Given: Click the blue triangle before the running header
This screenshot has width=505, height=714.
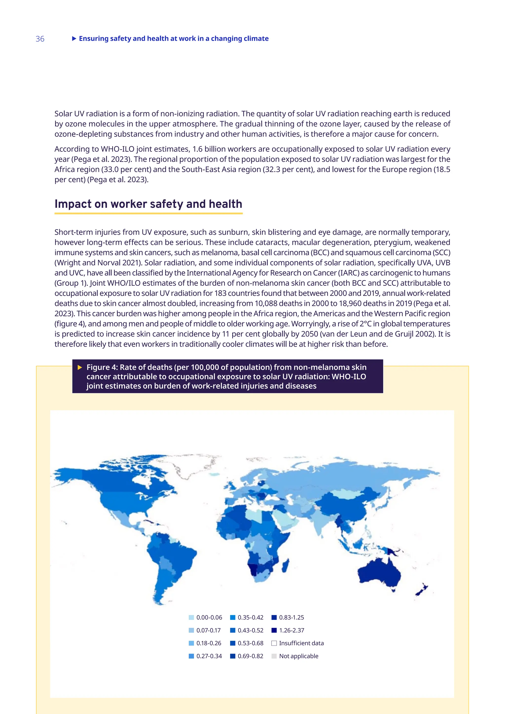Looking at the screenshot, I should (74, 38).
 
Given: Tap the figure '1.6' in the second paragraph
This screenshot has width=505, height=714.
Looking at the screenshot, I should (197, 149).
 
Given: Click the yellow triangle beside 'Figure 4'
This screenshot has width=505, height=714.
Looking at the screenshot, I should (80, 368).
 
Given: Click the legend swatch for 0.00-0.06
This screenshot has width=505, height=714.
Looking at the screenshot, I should (191, 618).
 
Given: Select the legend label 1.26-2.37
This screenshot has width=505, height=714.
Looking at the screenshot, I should (291, 630).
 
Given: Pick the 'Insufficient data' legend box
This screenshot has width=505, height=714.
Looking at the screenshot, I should (274, 643).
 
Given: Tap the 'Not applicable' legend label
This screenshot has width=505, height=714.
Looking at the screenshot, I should (299, 656).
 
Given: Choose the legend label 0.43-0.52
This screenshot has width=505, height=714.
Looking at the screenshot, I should (250, 630).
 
